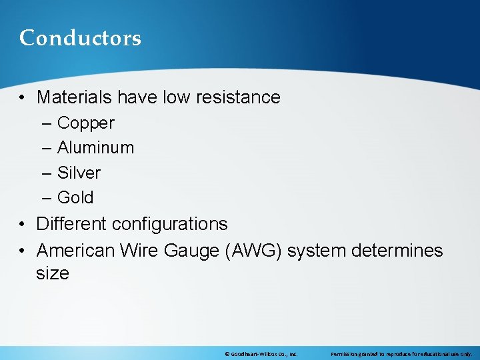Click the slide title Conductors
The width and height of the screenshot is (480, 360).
(x=80, y=38)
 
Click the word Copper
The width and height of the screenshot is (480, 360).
(x=86, y=123)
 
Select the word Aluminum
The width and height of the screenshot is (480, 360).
(x=95, y=147)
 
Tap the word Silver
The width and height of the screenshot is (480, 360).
(x=79, y=173)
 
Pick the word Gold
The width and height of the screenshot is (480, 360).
(x=75, y=197)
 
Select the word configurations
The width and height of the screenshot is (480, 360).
(x=170, y=224)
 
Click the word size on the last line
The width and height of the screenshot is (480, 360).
(x=53, y=273)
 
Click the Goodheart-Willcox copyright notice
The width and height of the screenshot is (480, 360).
(x=261, y=354)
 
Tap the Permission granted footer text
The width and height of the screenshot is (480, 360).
(x=401, y=354)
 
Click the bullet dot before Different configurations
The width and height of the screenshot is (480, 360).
(x=23, y=225)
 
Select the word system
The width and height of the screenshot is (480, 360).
(x=313, y=251)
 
